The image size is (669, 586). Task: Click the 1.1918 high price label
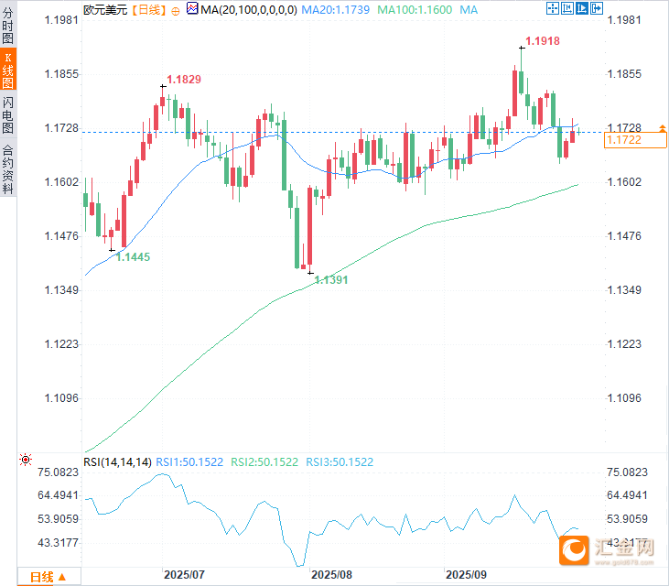click(x=543, y=41)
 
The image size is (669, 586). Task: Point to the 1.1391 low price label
click(x=331, y=280)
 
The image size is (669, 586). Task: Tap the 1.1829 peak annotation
click(x=183, y=81)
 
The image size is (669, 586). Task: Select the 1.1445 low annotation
click(x=133, y=257)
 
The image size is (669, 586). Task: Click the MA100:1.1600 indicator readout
click(x=422, y=9)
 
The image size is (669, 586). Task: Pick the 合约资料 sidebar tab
click(x=8, y=170)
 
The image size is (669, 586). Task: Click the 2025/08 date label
click(x=331, y=575)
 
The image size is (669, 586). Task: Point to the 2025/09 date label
click(x=466, y=575)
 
